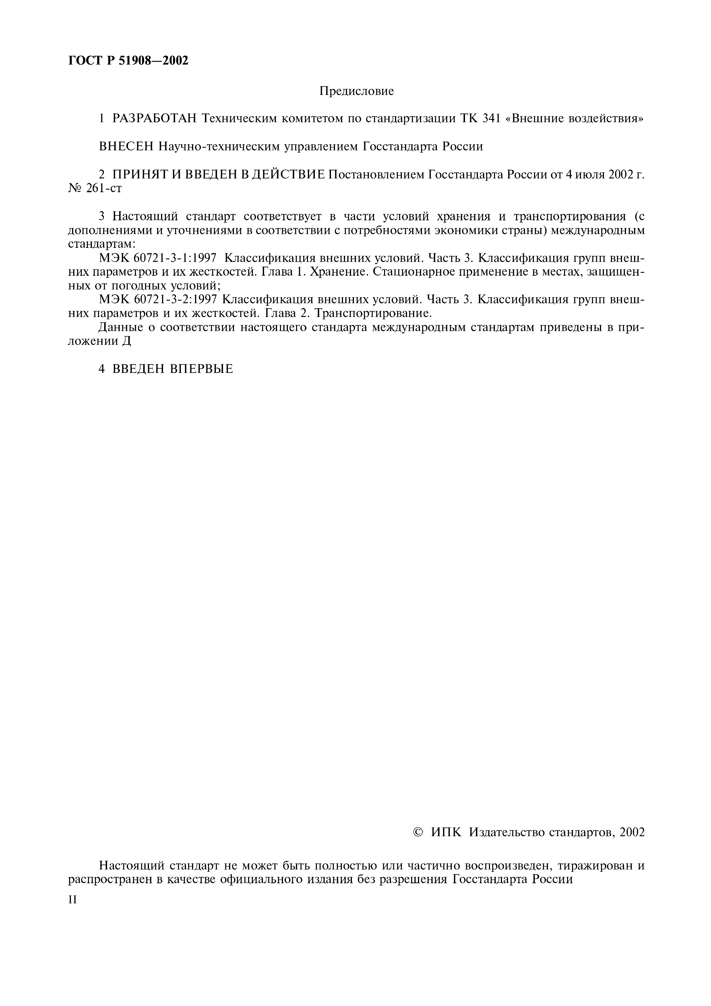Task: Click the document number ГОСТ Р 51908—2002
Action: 128,61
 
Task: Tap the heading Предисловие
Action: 357,91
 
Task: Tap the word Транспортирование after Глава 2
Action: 373,314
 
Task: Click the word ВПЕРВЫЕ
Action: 201,369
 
